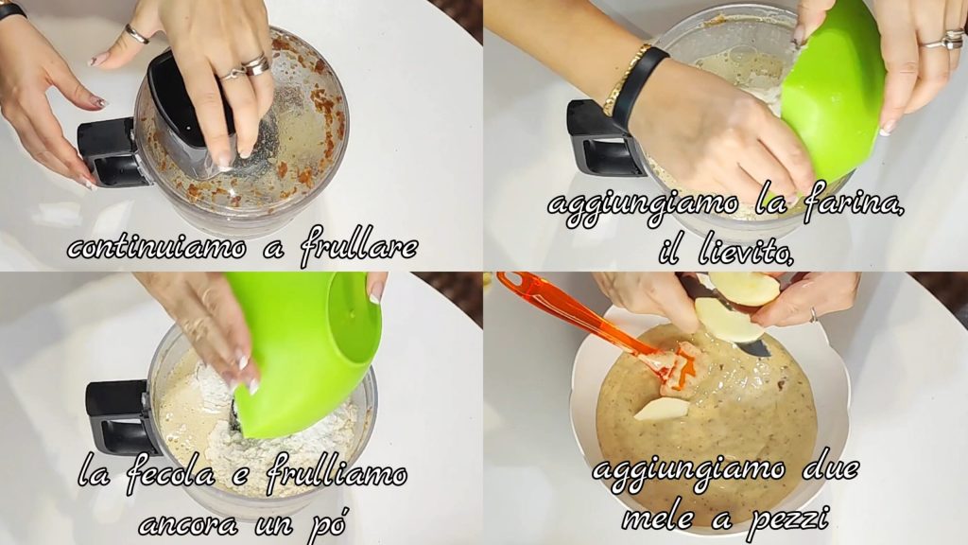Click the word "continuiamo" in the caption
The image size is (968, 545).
(157, 248)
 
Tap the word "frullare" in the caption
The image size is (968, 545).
(359, 247)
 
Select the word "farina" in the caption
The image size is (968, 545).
(853, 204)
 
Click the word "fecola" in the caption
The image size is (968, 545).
(171, 476)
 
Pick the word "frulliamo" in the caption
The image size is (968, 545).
(337, 476)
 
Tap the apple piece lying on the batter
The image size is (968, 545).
(663, 409)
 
